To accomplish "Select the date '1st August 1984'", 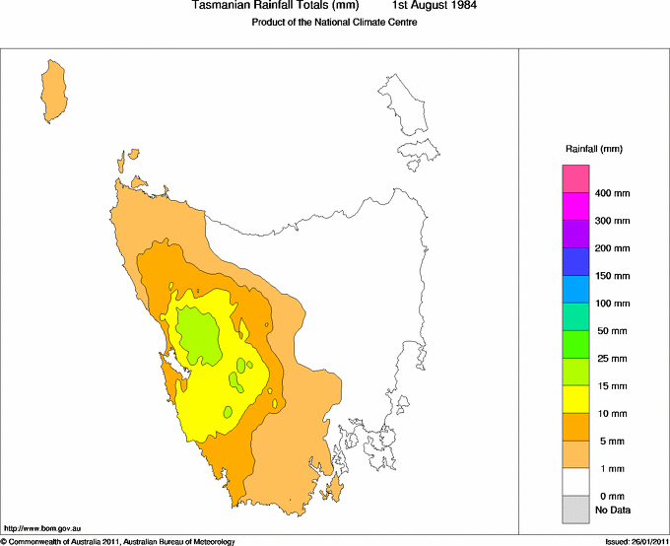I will (435, 6).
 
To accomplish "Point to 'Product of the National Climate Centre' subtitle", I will (335, 23).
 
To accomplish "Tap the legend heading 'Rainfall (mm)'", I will (593, 149).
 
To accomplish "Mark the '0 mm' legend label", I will (611, 496).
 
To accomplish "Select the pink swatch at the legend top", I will (575, 178).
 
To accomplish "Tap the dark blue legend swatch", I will (575, 261).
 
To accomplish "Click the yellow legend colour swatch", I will (575, 399).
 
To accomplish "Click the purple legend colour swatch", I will (575, 234).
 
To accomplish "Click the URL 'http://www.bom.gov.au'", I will (40, 529).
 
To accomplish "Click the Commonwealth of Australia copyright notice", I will (118, 541).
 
